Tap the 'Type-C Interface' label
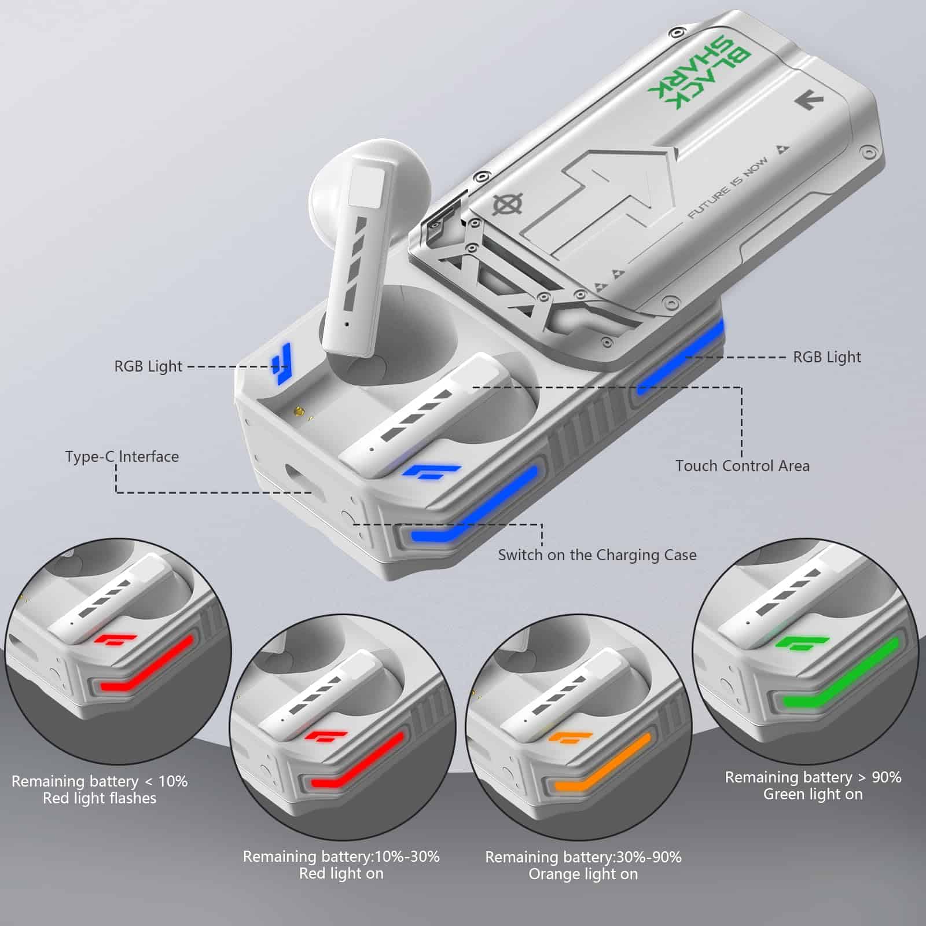click(122, 457)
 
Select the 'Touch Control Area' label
click(743, 466)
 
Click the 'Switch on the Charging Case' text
click(597, 555)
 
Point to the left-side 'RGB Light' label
click(148, 366)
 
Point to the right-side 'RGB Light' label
click(827, 357)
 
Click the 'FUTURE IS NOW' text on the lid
click(729, 188)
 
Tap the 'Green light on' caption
click(813, 795)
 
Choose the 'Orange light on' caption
click(583, 874)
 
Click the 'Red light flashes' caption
click(100, 799)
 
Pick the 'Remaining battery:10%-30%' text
click(341, 857)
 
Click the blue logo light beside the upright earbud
click(282, 363)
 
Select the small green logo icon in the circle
click(803, 644)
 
